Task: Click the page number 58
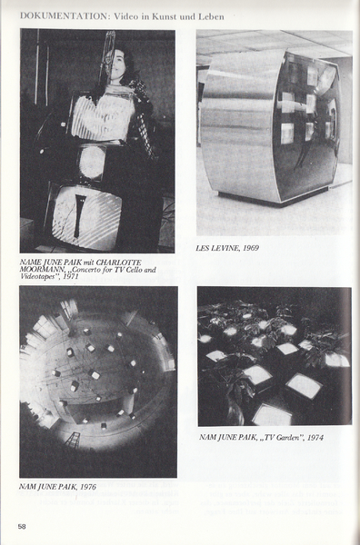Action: click(22, 527)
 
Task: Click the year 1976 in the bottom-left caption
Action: click(88, 487)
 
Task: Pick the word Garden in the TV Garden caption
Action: click(287, 438)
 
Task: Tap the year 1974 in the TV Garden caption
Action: click(315, 438)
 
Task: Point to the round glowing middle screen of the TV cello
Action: click(92, 162)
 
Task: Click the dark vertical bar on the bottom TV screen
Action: click(80, 215)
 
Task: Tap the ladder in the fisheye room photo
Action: click(73, 440)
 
